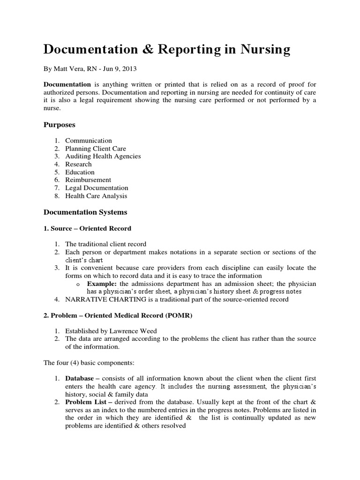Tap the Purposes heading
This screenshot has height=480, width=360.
coord(60,125)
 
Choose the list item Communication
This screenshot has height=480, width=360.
coord(88,141)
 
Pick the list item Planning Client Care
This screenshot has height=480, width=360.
coord(96,149)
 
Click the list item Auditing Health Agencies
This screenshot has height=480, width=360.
coord(103,156)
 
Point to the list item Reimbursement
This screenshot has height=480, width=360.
coord(88,180)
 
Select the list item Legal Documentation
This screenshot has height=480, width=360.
coord(97,187)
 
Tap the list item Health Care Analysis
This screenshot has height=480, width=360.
coord(96,195)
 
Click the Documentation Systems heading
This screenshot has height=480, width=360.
coord(85,212)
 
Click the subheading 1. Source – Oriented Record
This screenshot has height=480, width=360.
coord(87,228)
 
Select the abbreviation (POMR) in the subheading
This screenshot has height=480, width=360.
coord(179,315)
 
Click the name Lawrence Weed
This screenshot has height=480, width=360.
coord(131,331)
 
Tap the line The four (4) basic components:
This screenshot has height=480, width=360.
coord(87,362)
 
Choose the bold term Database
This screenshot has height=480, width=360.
coord(78,378)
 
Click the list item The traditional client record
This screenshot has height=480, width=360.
coord(105,244)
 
